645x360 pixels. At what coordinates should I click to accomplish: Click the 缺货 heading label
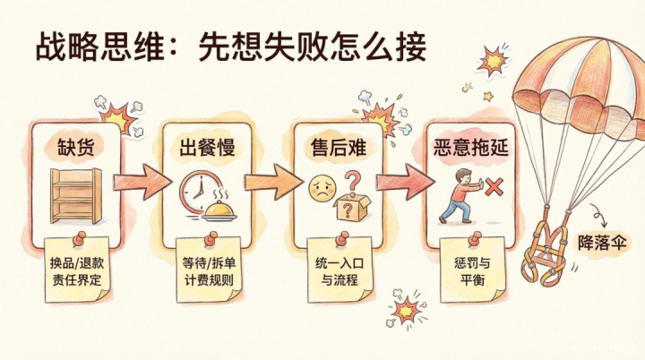click(x=75, y=147)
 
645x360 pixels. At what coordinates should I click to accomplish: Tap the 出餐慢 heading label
click(x=207, y=147)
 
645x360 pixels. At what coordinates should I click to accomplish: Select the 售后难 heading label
click(x=338, y=147)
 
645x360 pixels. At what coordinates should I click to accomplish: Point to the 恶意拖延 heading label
click(x=471, y=147)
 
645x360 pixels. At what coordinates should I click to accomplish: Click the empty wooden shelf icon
click(x=76, y=195)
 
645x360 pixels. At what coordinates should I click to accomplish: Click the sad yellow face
click(x=322, y=189)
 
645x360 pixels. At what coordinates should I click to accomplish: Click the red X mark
click(x=494, y=188)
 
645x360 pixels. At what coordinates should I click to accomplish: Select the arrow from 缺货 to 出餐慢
click(x=142, y=182)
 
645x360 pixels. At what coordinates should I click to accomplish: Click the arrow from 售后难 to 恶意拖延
click(x=405, y=182)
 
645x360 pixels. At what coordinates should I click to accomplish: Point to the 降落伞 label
click(x=602, y=243)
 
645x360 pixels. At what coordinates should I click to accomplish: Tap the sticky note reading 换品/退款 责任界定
click(x=77, y=270)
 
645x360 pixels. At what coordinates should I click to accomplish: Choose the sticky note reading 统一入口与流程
click(x=340, y=270)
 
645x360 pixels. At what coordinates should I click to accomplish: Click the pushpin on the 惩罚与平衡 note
click(x=474, y=239)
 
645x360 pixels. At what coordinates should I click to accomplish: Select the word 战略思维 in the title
click(x=100, y=47)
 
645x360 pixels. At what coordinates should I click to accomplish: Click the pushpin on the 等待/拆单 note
click(x=211, y=239)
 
